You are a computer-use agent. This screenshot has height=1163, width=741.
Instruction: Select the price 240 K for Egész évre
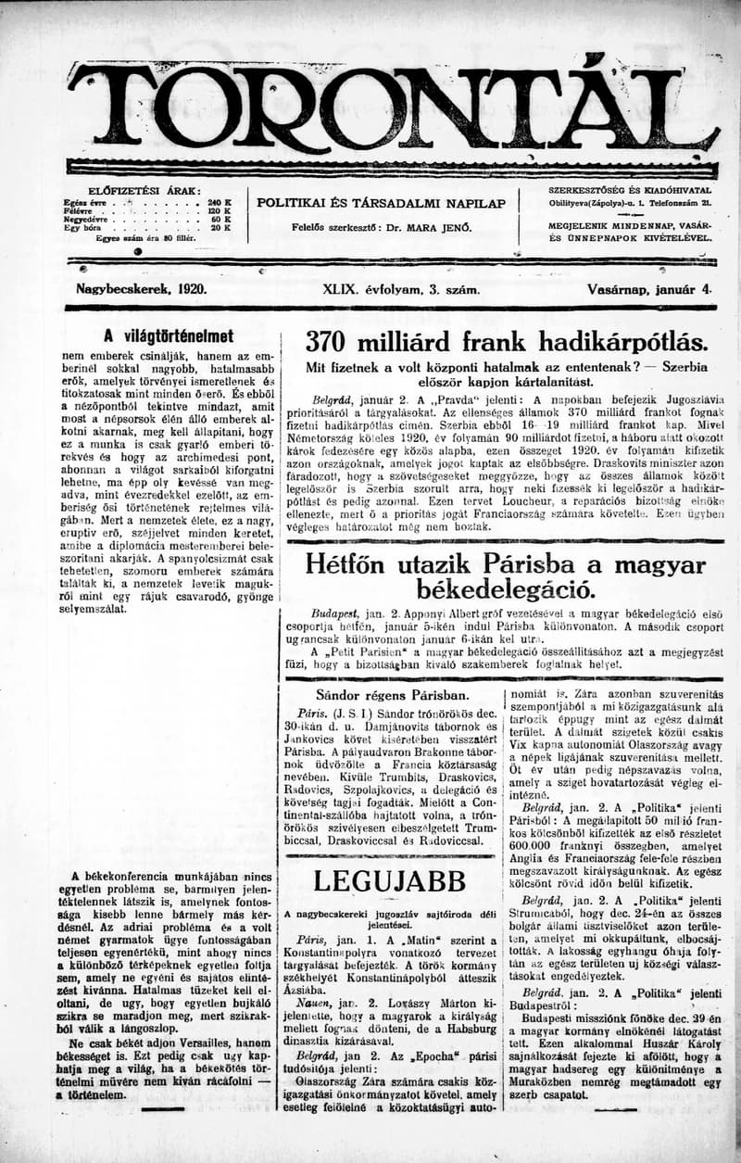click(x=220, y=201)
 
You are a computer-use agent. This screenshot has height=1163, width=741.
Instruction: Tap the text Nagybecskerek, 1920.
click(x=141, y=289)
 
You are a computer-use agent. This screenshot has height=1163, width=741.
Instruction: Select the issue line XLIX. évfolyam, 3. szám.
click(x=401, y=289)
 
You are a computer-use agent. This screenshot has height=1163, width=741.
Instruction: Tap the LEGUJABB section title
click(x=387, y=881)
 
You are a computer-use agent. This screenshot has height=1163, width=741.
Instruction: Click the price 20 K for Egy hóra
click(x=220, y=227)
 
